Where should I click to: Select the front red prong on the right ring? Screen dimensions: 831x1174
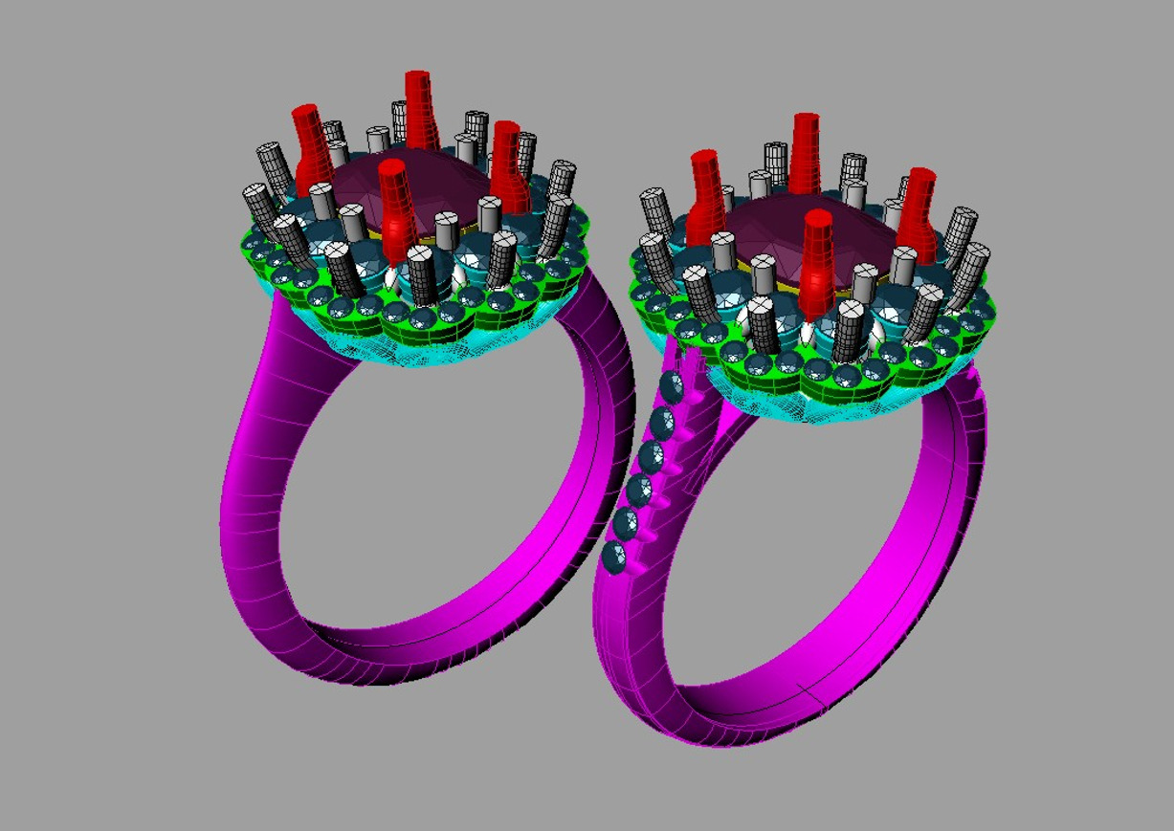818,258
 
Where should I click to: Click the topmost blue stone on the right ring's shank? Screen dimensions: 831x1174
673,388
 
